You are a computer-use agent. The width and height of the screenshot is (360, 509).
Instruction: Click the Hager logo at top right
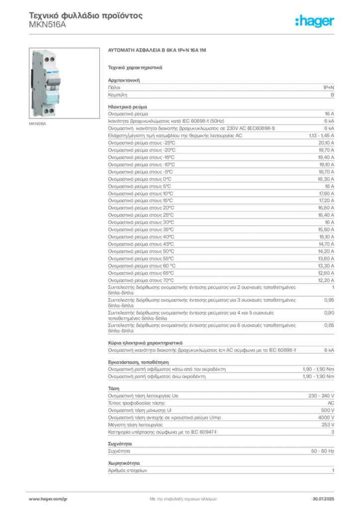(x=315, y=21)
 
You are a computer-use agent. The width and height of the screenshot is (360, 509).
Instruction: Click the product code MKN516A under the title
(x=47, y=25)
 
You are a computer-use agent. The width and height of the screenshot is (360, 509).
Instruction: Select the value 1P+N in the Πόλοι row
(x=329, y=87)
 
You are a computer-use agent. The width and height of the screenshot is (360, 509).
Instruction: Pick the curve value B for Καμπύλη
(x=333, y=95)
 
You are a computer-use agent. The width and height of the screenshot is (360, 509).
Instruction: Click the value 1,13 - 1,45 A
(x=321, y=136)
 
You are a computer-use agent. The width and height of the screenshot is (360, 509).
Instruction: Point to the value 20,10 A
(x=326, y=143)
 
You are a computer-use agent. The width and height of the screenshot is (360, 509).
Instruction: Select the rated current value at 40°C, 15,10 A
(x=327, y=237)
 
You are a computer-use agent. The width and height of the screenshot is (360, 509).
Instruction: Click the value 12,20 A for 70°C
(x=326, y=280)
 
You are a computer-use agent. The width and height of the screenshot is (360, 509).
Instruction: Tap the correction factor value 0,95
(x=329, y=300)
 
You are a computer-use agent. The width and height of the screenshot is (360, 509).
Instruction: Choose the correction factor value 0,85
(x=329, y=325)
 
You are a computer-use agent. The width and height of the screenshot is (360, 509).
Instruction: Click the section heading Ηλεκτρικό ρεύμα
(x=128, y=107)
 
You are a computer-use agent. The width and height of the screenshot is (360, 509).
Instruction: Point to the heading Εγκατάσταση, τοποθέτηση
(x=138, y=362)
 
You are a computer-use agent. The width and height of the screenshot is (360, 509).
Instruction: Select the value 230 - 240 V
(x=321, y=396)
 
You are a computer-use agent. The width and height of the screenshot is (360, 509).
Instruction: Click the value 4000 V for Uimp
(x=326, y=418)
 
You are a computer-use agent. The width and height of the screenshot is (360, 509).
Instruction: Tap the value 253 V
(x=328, y=425)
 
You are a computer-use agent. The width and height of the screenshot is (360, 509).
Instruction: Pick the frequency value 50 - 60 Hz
(x=323, y=451)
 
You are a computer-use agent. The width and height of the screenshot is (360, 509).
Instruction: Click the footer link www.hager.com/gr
(x=48, y=499)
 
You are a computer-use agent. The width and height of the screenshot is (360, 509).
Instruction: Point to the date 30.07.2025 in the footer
(x=323, y=499)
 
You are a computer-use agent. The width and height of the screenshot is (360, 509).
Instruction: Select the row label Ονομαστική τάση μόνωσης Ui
(x=140, y=410)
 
